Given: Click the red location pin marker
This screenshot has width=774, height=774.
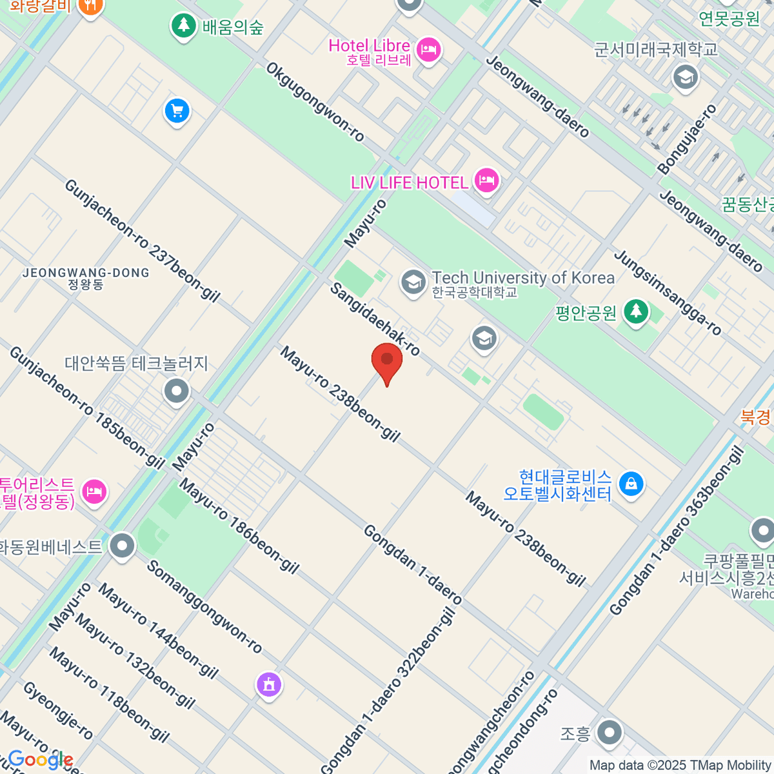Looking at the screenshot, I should pyautogui.click(x=387, y=361).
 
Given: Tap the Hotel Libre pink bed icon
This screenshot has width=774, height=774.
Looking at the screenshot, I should pyautogui.click(x=428, y=49).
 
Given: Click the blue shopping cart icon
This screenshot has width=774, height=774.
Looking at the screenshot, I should pyautogui.click(x=177, y=112).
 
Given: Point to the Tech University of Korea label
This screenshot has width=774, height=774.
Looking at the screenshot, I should pyautogui.click(x=522, y=278).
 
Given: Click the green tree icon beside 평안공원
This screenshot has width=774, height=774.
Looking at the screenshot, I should pyautogui.click(x=636, y=312).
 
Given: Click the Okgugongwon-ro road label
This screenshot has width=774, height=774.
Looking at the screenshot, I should pyautogui.click(x=315, y=101).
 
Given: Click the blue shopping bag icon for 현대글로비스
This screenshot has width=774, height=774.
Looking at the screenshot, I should pyautogui.click(x=631, y=484).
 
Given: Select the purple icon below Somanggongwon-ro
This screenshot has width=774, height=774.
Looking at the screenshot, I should pyautogui.click(x=269, y=683).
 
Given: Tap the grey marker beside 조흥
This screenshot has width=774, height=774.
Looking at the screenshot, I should pyautogui.click(x=609, y=733).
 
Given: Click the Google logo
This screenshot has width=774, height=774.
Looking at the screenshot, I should pyautogui.click(x=40, y=760).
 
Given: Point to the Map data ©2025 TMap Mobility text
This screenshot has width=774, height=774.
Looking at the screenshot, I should pyautogui.click(x=680, y=766).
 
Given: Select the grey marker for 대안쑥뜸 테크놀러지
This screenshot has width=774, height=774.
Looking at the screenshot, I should pyautogui.click(x=176, y=391).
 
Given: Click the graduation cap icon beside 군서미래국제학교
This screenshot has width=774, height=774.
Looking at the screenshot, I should pyautogui.click(x=685, y=78).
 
